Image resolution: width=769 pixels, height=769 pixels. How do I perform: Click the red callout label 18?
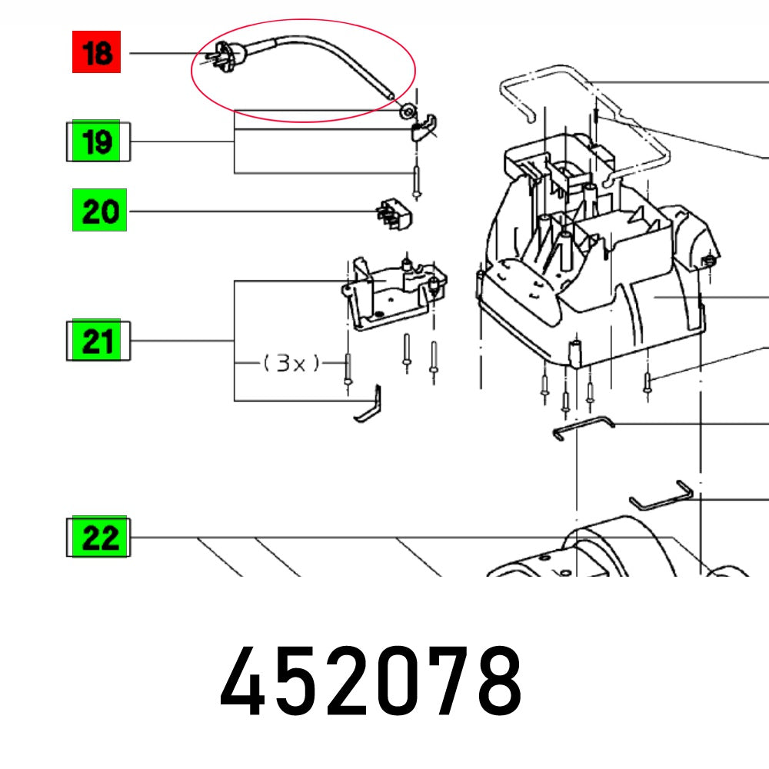97,53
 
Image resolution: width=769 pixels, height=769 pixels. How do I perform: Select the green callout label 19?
97,141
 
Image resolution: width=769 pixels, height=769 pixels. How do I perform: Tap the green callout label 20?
99,211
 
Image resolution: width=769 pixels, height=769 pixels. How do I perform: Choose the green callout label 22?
98,537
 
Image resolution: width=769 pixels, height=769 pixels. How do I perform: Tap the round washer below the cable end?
404,113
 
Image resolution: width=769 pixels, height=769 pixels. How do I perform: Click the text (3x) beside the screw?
291,363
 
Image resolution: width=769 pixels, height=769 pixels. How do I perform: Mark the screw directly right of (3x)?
349,370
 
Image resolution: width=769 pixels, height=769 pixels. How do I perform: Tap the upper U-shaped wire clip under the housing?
583,427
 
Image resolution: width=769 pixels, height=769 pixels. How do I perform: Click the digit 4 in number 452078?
245,682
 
